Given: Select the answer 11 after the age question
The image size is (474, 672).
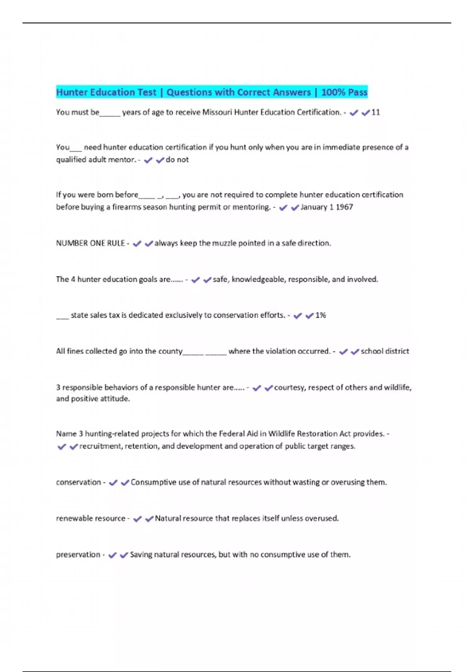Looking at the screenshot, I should (376, 112).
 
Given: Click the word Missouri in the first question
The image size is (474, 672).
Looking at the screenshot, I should (217, 112).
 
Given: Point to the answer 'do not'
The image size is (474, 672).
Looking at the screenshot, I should (177, 160).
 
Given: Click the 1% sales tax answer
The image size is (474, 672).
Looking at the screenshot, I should (320, 315).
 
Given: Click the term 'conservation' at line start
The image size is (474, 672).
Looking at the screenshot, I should (79, 482).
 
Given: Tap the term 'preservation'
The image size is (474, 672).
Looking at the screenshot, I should (78, 555).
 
